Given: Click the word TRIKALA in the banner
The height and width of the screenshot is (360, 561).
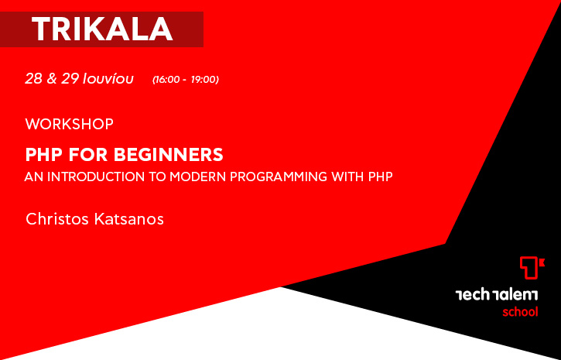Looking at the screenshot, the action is (x=102, y=29).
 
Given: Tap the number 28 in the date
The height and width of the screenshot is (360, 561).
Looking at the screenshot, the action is (x=33, y=79).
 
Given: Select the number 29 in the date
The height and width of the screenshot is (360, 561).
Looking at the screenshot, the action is (x=70, y=79).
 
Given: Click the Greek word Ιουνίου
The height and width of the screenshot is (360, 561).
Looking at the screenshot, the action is (x=108, y=79).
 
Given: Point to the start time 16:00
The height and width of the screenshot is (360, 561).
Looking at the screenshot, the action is (x=167, y=80).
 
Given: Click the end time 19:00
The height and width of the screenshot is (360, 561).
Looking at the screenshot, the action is (x=204, y=80).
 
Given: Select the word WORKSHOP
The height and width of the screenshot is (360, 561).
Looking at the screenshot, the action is (x=70, y=124).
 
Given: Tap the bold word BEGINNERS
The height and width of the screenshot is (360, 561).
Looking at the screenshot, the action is (x=169, y=155).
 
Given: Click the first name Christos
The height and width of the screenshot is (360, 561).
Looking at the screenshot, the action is (x=57, y=219).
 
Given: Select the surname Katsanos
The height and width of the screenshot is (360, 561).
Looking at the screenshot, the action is (x=129, y=219).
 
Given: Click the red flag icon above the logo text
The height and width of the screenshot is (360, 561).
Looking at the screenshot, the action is (x=532, y=268).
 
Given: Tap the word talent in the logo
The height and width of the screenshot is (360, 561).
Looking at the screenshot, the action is (x=515, y=295).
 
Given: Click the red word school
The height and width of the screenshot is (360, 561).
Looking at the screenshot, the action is (x=520, y=312).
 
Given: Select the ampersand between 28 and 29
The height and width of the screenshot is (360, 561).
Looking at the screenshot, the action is (x=52, y=79).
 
